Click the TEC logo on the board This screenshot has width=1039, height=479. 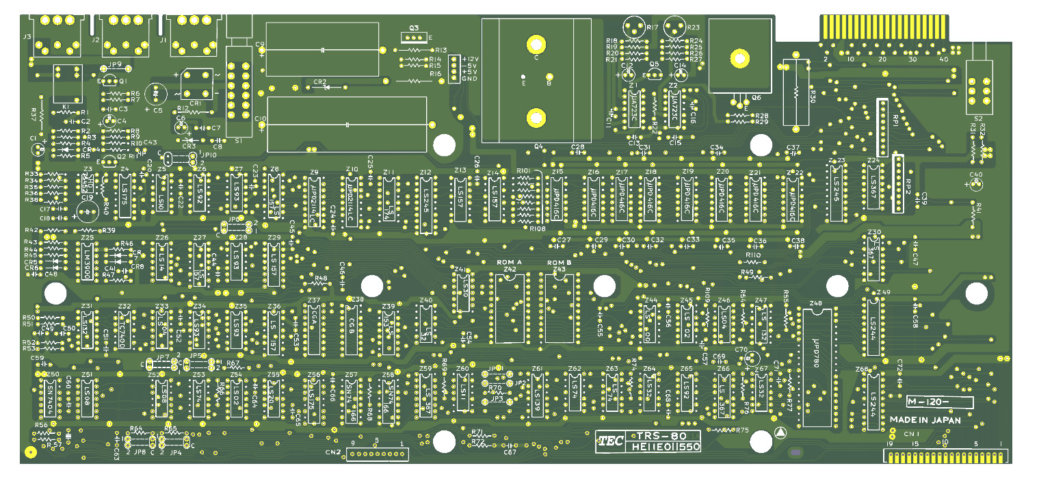(x=611, y=442)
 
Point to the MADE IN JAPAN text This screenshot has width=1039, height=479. (x=925, y=420)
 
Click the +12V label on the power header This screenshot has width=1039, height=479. (x=470, y=60)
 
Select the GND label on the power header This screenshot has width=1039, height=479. (x=469, y=78)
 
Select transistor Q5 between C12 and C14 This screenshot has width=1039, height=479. (x=655, y=73)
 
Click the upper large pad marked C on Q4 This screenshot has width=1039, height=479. (x=536, y=44)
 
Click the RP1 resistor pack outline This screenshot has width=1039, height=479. (x=882, y=127)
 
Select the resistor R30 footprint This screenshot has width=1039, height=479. (x=795, y=95)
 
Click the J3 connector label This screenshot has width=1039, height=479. (x=27, y=36)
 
